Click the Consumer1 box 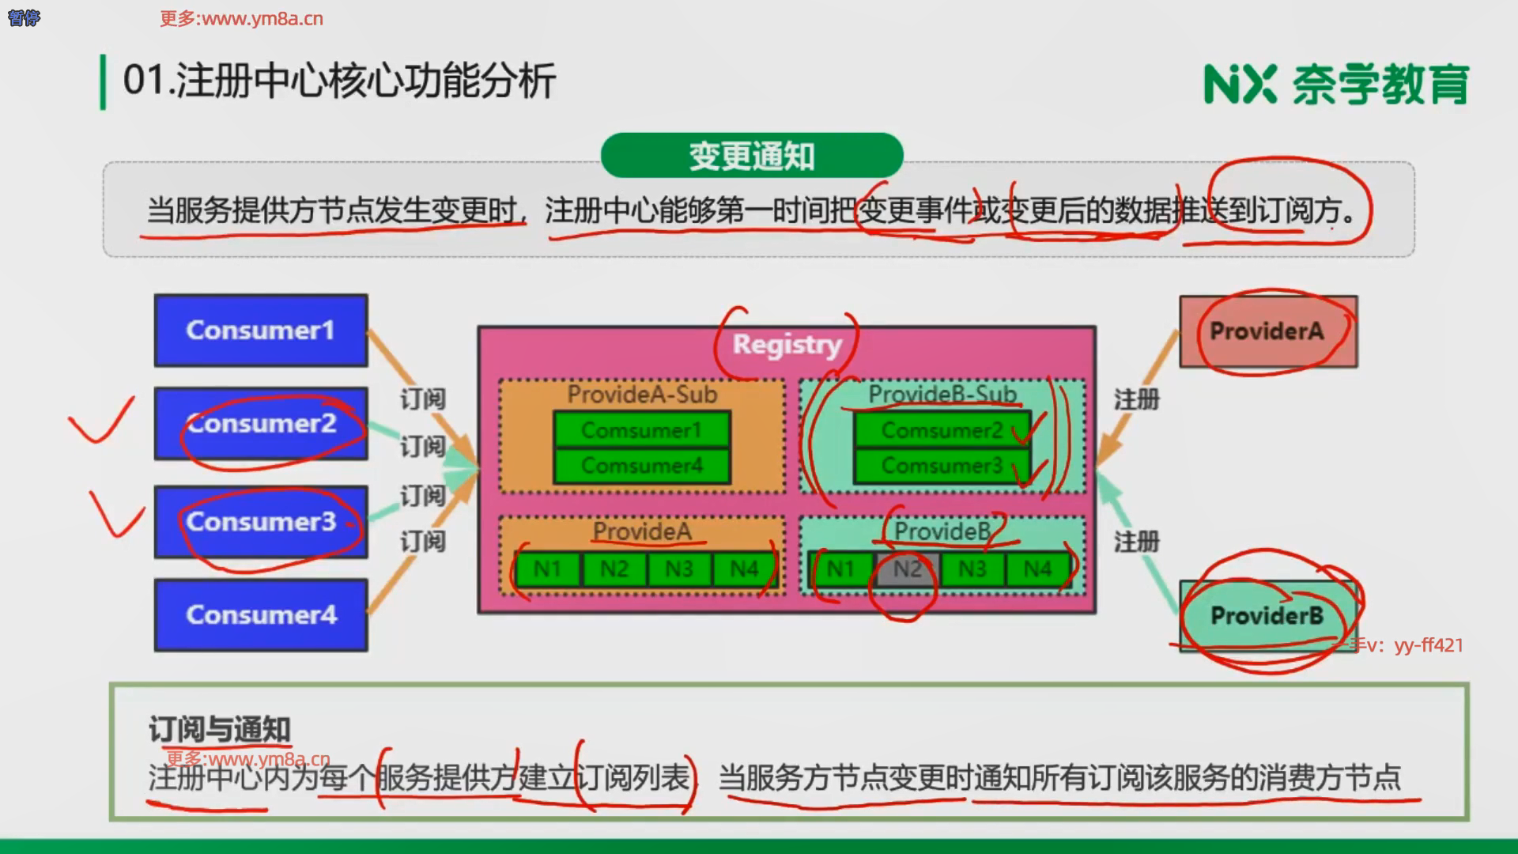[261, 330]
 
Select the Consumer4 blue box [261, 614]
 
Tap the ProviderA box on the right [1267, 331]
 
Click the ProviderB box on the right [1267, 615]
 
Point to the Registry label [787, 345]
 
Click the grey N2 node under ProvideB [908, 569]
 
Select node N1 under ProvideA [547, 569]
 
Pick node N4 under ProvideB [1037, 569]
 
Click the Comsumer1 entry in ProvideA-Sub [641, 430]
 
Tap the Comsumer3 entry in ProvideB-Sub [942, 466]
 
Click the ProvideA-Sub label [642, 394]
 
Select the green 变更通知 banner [751, 156]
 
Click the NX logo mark [1240, 84]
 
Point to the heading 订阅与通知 [220, 729]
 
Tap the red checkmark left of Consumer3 [116, 514]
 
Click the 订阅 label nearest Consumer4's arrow [422, 542]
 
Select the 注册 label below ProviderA [1136, 400]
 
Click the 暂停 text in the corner [24, 17]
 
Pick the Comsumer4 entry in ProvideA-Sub [641, 466]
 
